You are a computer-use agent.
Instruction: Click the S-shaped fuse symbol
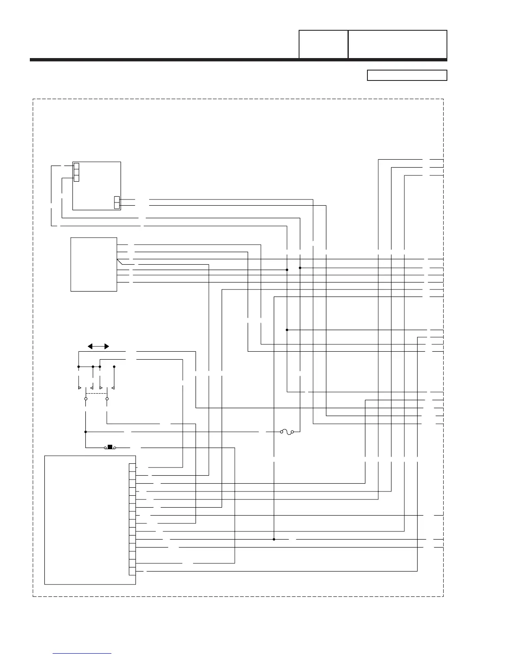tap(287, 432)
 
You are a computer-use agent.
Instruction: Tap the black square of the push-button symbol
tap(110, 447)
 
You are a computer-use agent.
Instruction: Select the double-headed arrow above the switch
tap(99, 346)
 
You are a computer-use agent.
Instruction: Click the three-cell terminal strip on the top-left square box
tap(76, 172)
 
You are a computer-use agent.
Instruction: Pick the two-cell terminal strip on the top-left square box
tap(117, 202)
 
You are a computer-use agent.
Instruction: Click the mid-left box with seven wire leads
tap(94, 264)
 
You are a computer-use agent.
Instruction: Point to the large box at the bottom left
tap(90, 520)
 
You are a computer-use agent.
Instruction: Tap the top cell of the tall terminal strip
tap(132, 467)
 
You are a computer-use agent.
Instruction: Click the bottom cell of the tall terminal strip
tap(132, 571)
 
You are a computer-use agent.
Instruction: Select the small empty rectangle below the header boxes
tap(407, 75)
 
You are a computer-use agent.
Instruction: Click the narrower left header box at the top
tap(323, 44)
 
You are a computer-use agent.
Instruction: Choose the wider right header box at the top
tap(397, 44)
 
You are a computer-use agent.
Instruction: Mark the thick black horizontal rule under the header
tap(238, 60)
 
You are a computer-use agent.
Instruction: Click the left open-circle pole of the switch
tap(86, 399)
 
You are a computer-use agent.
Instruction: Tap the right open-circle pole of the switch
tap(107, 399)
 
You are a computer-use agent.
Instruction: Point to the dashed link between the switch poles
tap(96, 393)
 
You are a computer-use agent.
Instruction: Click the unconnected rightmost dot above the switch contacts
tap(114, 367)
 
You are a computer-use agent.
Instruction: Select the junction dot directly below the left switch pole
tap(86, 432)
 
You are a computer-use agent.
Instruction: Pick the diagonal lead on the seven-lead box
tap(120, 262)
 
